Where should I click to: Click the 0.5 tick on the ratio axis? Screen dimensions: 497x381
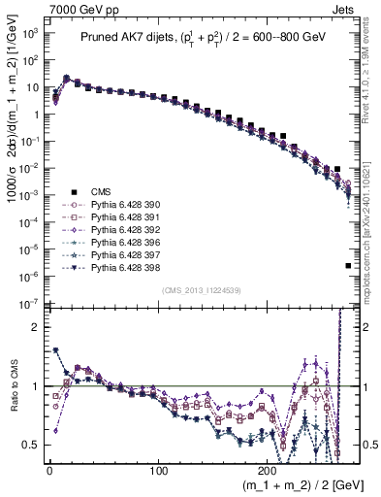pyautogui.click(x=32, y=445)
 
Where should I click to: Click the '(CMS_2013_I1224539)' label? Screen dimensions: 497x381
pyautogui.click(x=201, y=290)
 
